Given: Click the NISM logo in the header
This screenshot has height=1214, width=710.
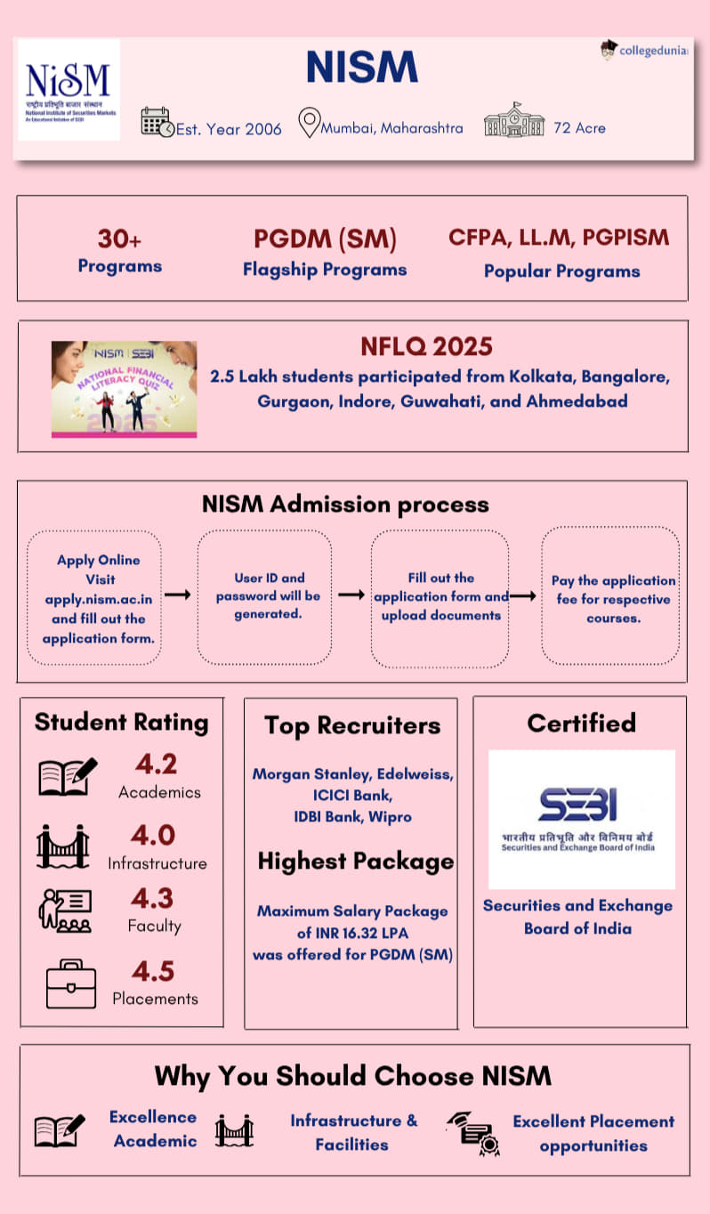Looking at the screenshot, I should pyautogui.click(x=69, y=89).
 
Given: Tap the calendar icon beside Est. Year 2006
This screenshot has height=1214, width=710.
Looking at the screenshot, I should pyautogui.click(x=157, y=122).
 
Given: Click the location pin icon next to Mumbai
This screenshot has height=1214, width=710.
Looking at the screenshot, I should pyautogui.click(x=308, y=123).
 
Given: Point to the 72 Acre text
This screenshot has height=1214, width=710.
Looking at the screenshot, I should pyautogui.click(x=579, y=128).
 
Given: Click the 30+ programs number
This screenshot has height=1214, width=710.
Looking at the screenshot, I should pyautogui.click(x=120, y=239).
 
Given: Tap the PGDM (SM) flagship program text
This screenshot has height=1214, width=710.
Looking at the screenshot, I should pyautogui.click(x=325, y=239).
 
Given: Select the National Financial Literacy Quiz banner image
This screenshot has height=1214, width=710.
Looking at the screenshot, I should pyautogui.click(x=124, y=389).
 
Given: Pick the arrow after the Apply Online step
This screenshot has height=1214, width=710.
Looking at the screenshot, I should pyautogui.click(x=178, y=595).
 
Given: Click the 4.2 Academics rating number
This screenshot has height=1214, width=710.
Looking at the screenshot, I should pyautogui.click(x=156, y=764).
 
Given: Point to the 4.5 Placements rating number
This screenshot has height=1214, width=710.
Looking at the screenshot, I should pyautogui.click(x=153, y=971).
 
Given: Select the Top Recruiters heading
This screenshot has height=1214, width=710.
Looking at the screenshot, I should pyautogui.click(x=351, y=725).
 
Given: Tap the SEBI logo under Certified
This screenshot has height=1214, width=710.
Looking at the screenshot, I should pyautogui.click(x=581, y=819).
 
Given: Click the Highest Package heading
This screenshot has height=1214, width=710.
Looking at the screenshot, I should pyautogui.click(x=355, y=861).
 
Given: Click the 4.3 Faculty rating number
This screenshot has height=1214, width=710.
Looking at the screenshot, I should pyautogui.click(x=153, y=898).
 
